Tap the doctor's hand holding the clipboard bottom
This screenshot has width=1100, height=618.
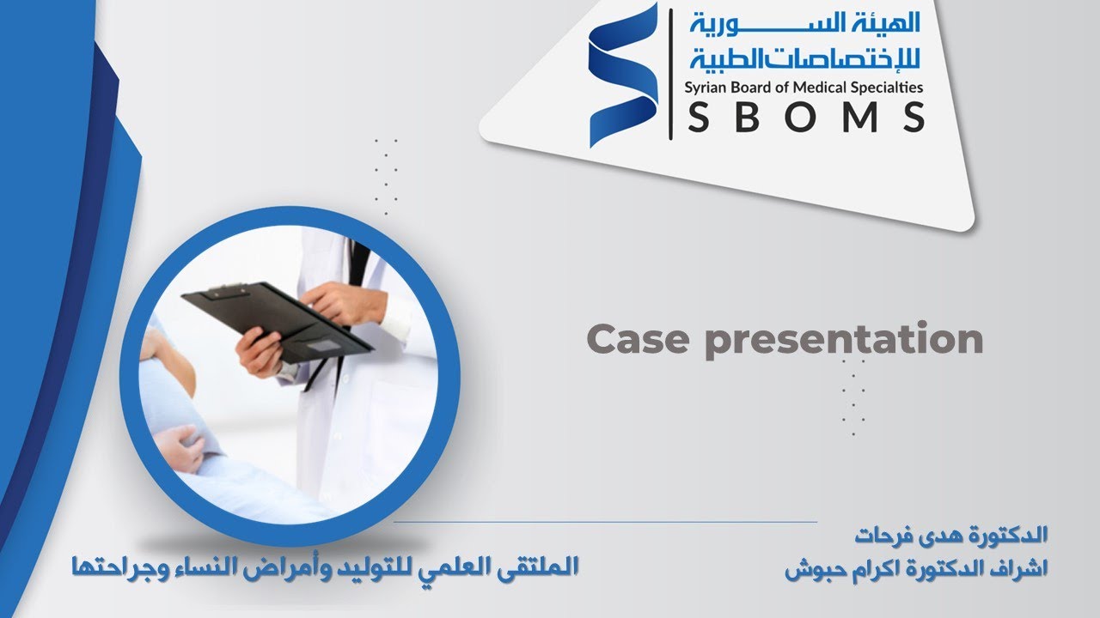[x=259, y=351]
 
